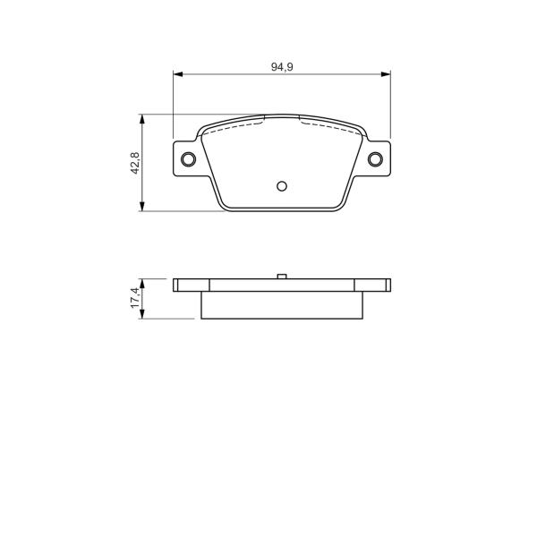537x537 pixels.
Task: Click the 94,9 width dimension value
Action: [x=282, y=67]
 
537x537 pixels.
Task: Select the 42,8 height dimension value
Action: [x=135, y=163]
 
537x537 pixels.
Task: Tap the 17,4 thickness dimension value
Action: [x=135, y=298]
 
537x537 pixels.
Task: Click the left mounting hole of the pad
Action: [x=188, y=159]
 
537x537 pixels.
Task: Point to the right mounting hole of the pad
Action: [x=375, y=159]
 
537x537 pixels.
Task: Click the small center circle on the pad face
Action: [x=282, y=186]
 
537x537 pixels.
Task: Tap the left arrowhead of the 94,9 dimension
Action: [x=178, y=74]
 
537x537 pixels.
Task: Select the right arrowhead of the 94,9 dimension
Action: [x=386, y=74]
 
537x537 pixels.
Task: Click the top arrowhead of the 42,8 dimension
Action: [x=142, y=119]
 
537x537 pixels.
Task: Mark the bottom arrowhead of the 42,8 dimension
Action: [x=142, y=206]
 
